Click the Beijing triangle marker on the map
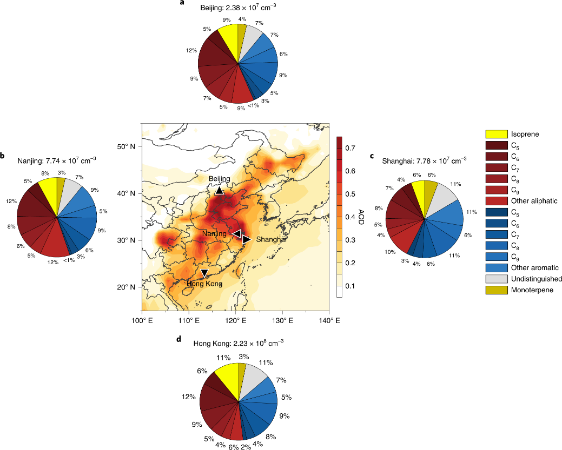click(x=219, y=190)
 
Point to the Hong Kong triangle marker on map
click(x=204, y=273)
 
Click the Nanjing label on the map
click(x=215, y=233)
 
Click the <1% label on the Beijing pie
click(x=253, y=105)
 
